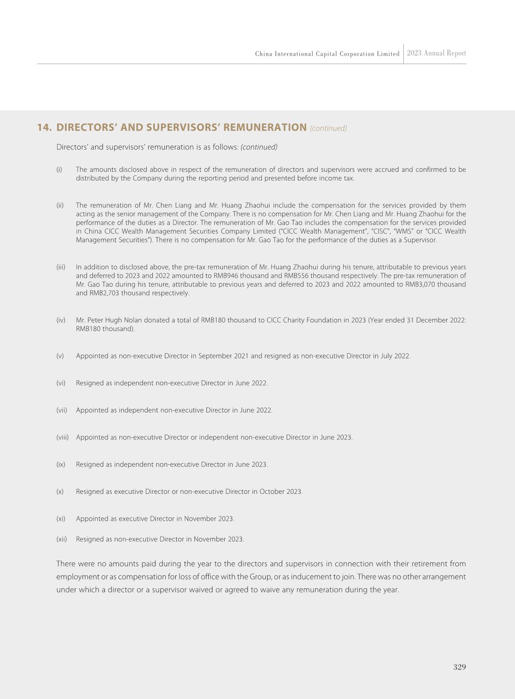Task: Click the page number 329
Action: pyautogui.click(x=459, y=667)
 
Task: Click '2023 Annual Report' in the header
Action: pyautogui.click(x=436, y=53)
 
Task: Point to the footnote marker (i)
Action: pyautogui.click(x=59, y=170)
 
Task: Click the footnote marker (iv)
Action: pyautogui.click(x=61, y=320)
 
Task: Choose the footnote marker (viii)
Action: pyautogui.click(x=62, y=438)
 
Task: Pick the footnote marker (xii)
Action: pyautogui.click(x=61, y=539)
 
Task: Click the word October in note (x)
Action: pyautogui.click(x=272, y=492)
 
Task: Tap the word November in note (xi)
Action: pyautogui.click(x=197, y=519)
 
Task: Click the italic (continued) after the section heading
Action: pyautogui.click(x=328, y=129)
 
